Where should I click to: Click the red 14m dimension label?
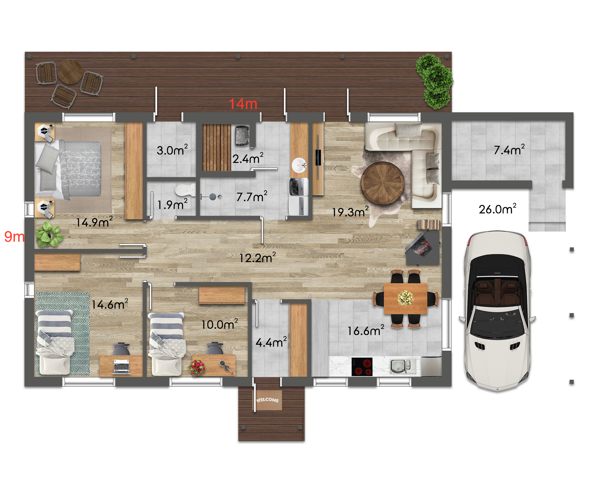(x=243, y=104)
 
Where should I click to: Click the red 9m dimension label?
(x=14, y=237)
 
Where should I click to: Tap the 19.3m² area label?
(x=350, y=212)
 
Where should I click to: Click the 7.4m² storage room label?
(x=509, y=149)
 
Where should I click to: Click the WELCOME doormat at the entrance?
(x=268, y=400)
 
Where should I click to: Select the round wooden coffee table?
(x=382, y=183)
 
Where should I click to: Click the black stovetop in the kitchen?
(x=362, y=367)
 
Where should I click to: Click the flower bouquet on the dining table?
(x=405, y=298)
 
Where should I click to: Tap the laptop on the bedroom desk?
(x=121, y=366)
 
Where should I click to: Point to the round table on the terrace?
(x=70, y=71)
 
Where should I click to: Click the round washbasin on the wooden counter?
(x=299, y=165)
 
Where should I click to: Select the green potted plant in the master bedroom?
(x=49, y=235)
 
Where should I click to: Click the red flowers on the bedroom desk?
(x=197, y=367)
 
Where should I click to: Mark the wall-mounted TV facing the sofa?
(x=318, y=157)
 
